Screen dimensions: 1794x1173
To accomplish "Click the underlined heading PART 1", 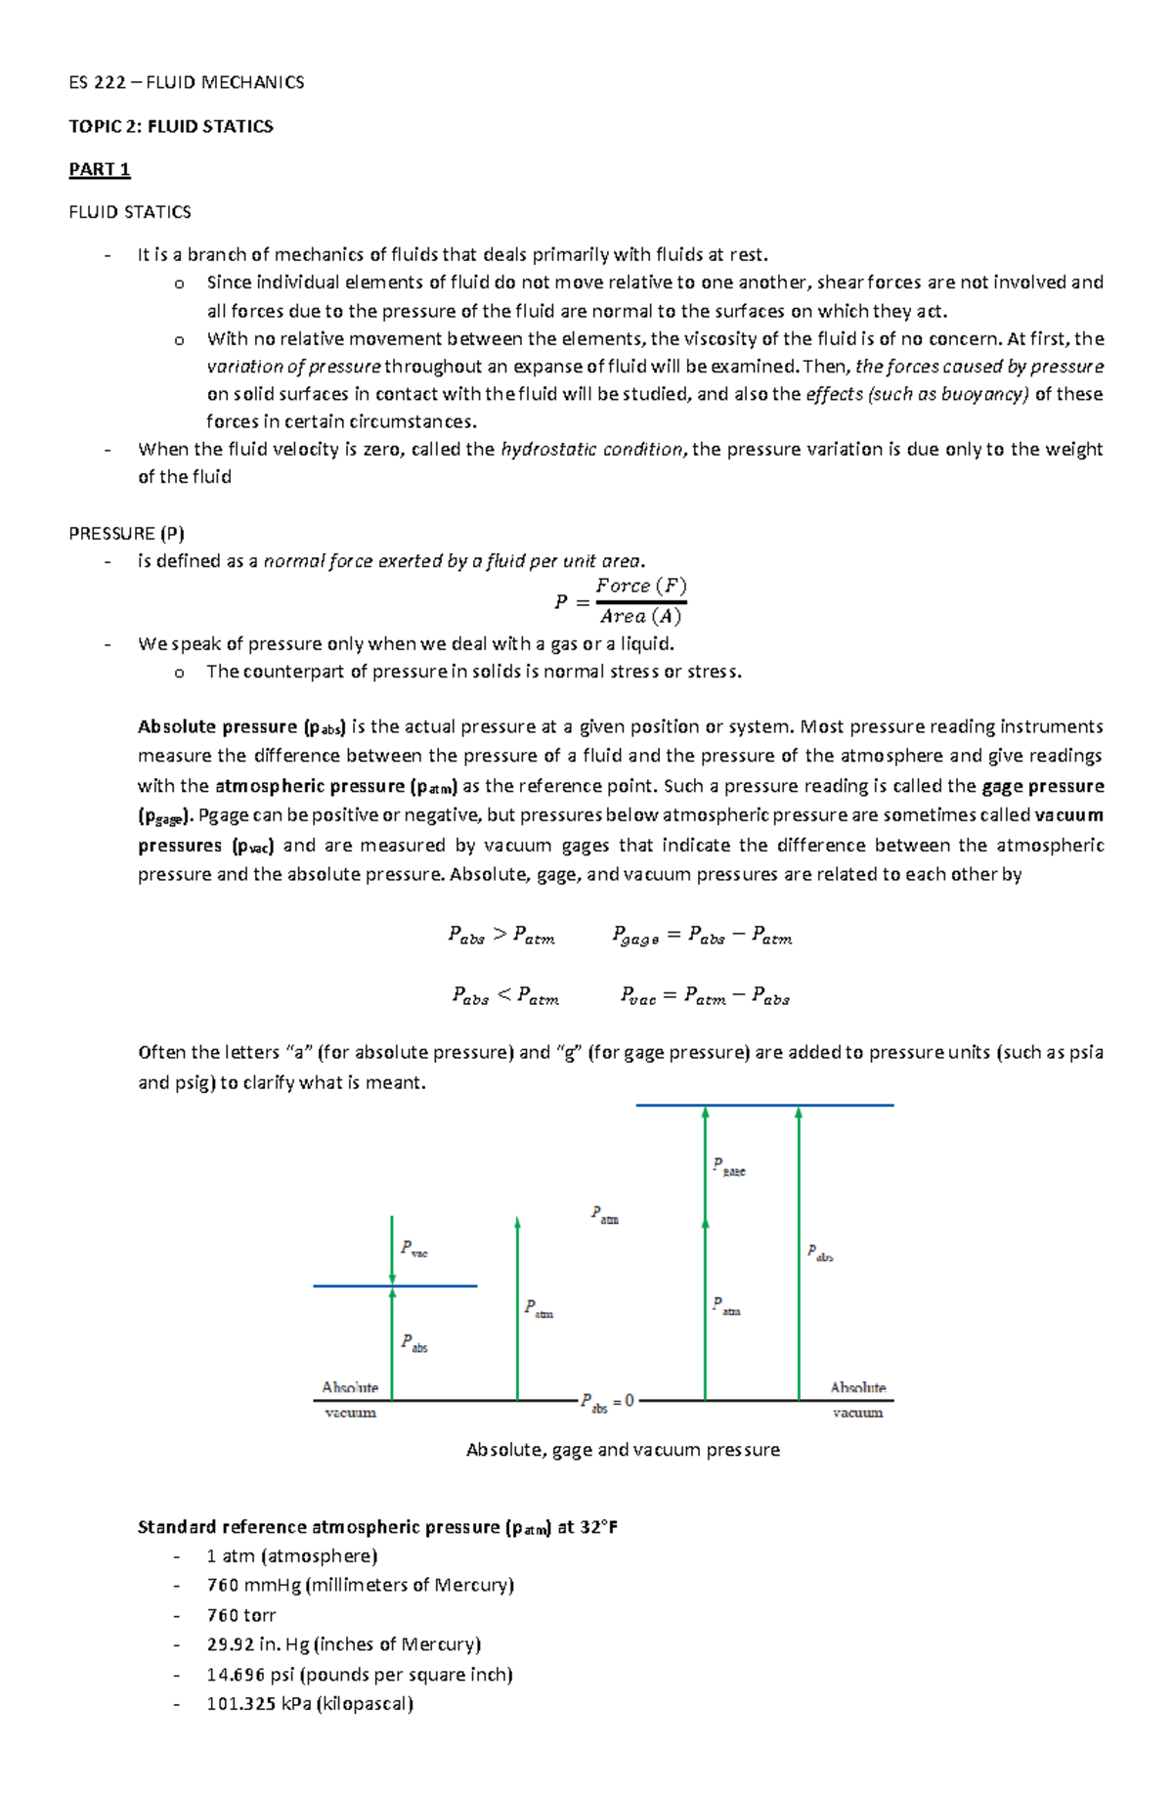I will click(x=99, y=169).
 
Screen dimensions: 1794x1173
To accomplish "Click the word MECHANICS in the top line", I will click(x=251, y=82).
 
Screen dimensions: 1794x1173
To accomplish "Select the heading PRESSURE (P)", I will click(x=126, y=533).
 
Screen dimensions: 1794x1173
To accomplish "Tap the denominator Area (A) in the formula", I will click(x=640, y=616).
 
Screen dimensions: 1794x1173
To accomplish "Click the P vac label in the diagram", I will click(x=413, y=1249).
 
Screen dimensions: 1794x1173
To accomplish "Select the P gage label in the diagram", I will click(x=728, y=1166).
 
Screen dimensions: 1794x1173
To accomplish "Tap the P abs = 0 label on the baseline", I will click(x=607, y=1402).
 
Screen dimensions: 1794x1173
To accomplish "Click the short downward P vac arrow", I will click(x=392, y=1251).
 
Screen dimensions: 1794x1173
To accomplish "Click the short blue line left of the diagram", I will click(x=395, y=1286).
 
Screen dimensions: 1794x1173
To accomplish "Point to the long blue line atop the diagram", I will click(x=764, y=1105).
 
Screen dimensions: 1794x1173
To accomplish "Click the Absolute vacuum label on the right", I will click(x=857, y=1399).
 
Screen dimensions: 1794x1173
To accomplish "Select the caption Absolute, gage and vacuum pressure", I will click(x=623, y=1450).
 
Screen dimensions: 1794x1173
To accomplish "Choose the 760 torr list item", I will click(x=240, y=1615).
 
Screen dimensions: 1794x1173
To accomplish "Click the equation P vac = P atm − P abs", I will click(x=704, y=996).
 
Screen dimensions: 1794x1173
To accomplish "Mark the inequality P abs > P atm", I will click(x=501, y=936).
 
